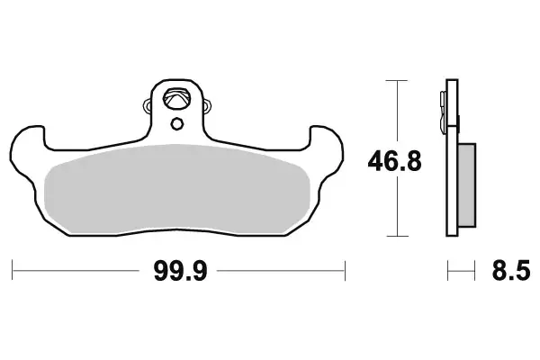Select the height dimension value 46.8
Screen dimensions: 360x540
394,162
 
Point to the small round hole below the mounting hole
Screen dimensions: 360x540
178,123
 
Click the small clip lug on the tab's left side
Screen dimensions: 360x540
149,109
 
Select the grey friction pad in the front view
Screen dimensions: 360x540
179,189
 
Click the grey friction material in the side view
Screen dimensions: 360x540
467,185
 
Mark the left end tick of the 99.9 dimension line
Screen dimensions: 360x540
13,267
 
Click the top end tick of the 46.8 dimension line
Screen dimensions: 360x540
392,81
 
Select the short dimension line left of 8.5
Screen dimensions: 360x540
460,267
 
